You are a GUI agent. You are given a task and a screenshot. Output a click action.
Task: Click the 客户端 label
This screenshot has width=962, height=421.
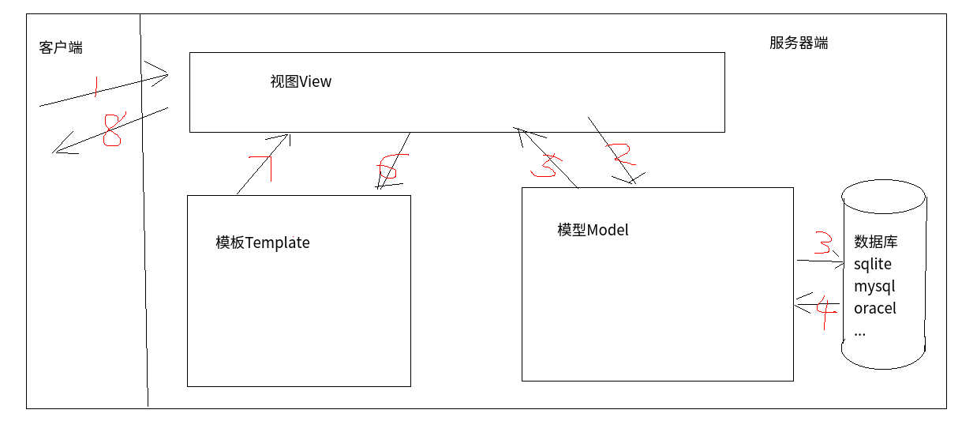point(61,48)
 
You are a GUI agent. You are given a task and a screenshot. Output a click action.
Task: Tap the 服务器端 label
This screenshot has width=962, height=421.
point(799,43)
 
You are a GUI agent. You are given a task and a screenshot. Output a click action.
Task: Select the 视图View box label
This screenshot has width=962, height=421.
point(301,81)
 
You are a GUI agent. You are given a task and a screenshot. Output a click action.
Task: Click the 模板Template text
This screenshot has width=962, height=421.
point(263,242)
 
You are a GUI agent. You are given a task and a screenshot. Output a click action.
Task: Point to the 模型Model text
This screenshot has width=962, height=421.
point(593,230)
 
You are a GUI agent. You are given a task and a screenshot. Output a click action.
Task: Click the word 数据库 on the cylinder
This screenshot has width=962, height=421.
point(876,242)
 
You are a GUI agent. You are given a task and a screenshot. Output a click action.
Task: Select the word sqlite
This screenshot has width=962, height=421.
point(873,264)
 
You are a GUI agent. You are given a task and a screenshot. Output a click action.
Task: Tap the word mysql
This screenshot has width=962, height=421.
point(874,286)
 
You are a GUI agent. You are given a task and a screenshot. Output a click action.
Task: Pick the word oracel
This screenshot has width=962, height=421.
point(875,308)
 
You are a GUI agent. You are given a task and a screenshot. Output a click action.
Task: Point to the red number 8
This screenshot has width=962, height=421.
point(112,130)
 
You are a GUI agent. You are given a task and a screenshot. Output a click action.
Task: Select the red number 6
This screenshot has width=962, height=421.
point(388,169)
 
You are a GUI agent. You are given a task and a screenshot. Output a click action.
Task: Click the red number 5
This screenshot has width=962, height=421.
point(545,164)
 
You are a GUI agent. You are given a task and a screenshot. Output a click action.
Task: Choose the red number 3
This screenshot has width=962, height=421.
point(822,243)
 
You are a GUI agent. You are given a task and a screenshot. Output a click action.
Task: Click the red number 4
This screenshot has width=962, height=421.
point(825,313)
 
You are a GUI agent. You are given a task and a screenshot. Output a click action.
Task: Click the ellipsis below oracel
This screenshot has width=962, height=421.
point(859,333)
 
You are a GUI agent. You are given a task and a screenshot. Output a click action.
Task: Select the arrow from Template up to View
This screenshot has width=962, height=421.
point(263,164)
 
